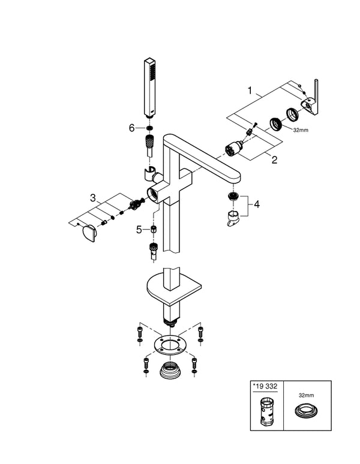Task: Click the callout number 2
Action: (274, 160)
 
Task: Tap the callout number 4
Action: (257, 205)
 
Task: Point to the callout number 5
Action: (139, 230)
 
